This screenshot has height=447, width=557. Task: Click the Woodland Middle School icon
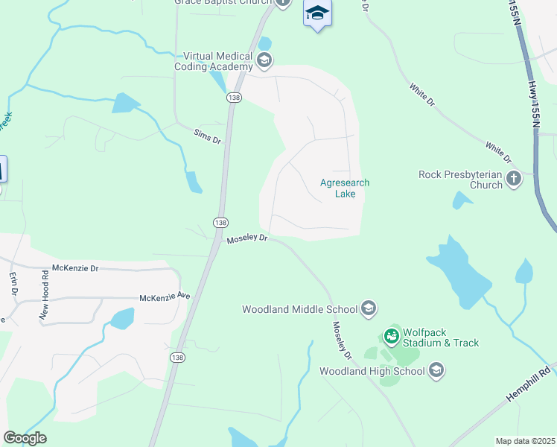(369, 308)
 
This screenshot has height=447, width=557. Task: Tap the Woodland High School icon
(436, 370)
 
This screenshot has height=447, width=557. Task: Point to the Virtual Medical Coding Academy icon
(263, 60)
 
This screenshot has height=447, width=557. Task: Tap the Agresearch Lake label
(344, 188)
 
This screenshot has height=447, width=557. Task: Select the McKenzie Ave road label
(165, 297)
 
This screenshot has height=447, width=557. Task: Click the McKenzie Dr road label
(75, 267)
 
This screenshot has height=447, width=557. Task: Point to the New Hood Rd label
(45, 294)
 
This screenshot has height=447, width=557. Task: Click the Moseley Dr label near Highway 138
(246, 238)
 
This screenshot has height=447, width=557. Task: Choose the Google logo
(25, 437)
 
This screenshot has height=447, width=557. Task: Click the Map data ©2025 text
(525, 441)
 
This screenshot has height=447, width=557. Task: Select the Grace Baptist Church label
(223, 2)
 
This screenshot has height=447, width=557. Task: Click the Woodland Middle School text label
(299, 309)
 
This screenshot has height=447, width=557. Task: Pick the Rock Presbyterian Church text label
(461, 180)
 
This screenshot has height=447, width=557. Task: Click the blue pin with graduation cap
(317, 14)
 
